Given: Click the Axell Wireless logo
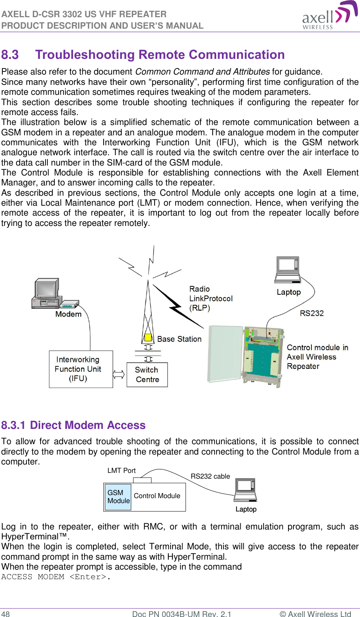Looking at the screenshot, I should [x=329, y=16].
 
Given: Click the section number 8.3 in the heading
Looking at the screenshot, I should [x=10, y=55].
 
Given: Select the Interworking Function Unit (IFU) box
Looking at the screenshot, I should [x=81, y=369].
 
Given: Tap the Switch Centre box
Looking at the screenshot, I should [x=147, y=375].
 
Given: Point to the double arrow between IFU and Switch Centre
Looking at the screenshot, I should [x=119, y=375].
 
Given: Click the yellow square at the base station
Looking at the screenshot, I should [x=148, y=338].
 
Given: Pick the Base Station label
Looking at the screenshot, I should [x=179, y=339].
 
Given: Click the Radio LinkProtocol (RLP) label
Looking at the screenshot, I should [x=210, y=299].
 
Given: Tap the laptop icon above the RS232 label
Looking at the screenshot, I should [x=288, y=270].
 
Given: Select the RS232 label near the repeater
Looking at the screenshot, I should [x=311, y=313].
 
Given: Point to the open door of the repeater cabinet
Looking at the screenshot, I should [x=225, y=354].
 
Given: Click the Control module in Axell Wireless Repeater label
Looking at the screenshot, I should [x=317, y=357].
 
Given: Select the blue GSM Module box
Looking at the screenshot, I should [x=118, y=497].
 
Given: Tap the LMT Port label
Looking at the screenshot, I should [x=121, y=471].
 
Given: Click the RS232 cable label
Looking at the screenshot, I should [x=210, y=476].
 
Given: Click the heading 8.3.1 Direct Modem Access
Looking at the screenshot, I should [x=73, y=425].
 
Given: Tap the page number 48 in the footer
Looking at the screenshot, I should [x=6, y=614].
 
